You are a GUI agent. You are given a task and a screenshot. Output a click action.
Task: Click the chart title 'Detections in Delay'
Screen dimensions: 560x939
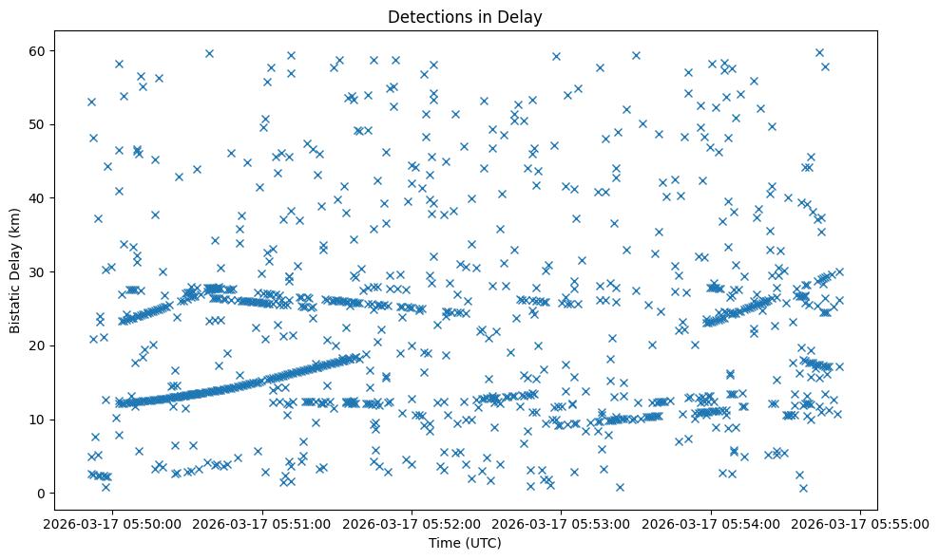coord(465,16)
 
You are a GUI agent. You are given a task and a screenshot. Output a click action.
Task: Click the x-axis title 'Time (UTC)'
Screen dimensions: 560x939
coord(465,544)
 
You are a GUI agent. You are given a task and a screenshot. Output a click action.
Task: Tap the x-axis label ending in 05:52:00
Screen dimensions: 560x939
coord(412,523)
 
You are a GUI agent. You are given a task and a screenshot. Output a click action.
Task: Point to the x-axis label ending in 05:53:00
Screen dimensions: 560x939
coord(562,523)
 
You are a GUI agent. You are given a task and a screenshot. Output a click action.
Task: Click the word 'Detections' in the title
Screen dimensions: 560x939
coord(425,16)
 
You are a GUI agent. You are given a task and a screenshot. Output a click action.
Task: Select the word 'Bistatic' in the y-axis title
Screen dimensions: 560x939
coord(15,304)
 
